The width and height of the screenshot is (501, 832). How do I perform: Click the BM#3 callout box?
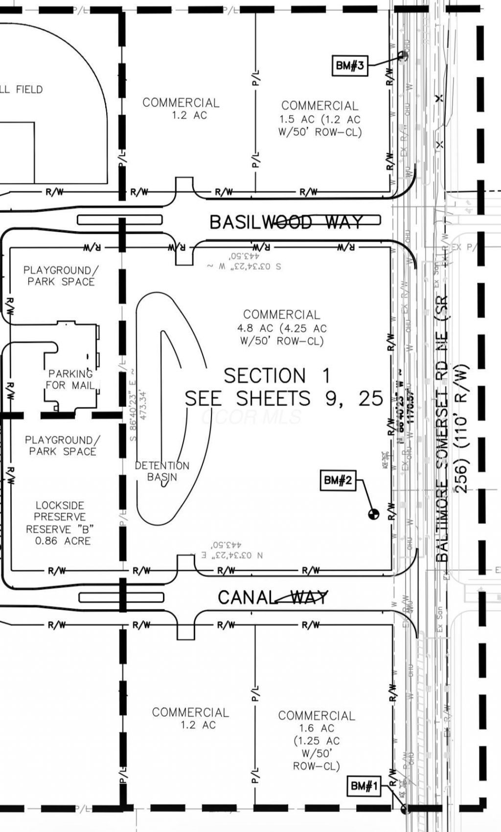(x=350, y=65)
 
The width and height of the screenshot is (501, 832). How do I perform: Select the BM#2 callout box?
(x=338, y=480)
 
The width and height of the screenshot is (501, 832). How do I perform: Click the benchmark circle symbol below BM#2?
(x=373, y=514)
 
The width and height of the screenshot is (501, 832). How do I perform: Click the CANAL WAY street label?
(x=273, y=597)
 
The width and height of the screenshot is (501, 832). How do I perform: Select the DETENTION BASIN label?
(x=162, y=471)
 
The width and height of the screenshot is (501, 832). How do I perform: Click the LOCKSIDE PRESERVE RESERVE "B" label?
(x=60, y=517)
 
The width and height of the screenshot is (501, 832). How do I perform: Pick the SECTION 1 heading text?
(x=277, y=376)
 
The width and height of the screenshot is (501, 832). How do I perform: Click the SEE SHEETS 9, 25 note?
(x=284, y=399)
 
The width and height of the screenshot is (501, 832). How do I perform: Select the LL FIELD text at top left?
(x=22, y=90)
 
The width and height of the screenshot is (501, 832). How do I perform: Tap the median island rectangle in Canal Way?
(x=121, y=597)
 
